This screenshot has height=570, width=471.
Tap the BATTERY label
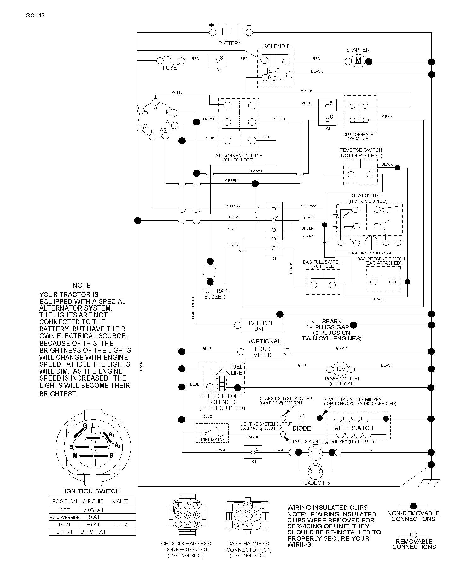[230, 43]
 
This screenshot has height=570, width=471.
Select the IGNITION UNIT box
[262, 326]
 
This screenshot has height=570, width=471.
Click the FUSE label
[170, 68]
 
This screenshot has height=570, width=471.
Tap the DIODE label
[302, 428]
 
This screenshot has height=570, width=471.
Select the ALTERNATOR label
[354, 428]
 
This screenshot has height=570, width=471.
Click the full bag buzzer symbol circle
[210, 271]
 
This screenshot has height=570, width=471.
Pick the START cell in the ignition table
[65, 532]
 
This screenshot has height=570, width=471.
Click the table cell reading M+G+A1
[93, 510]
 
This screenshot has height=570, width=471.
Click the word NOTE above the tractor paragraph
[82, 285]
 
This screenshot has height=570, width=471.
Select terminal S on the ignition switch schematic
[155, 102]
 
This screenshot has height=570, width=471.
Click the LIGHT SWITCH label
[212, 440]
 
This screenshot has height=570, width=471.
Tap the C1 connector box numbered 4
[253, 452]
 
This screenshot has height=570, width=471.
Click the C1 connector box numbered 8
[218, 60]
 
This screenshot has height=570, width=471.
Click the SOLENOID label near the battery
[277, 46]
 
